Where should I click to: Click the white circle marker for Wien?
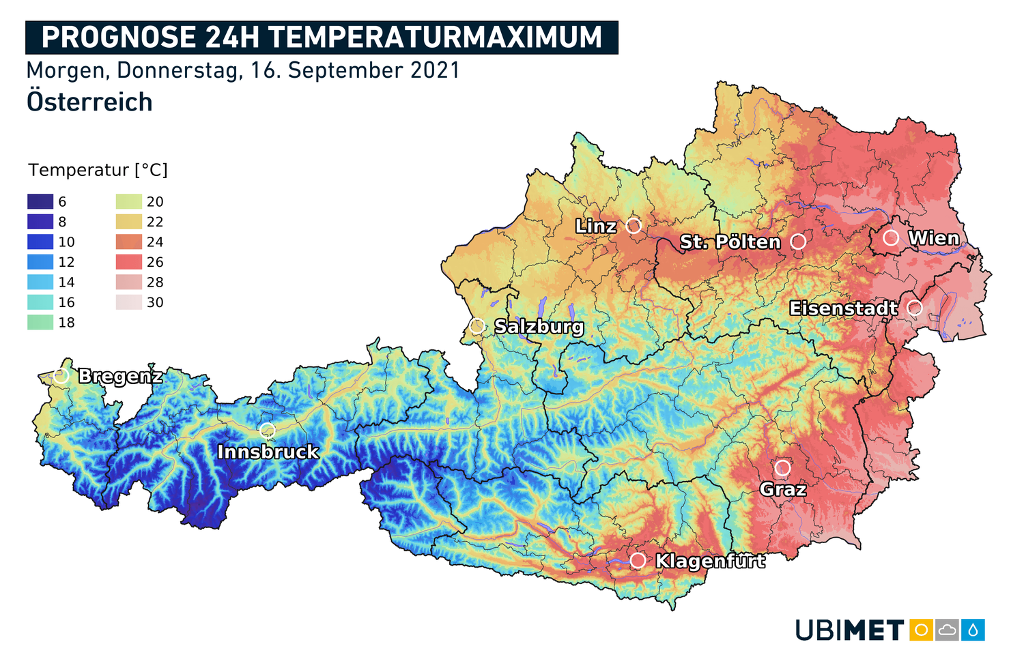click(x=890, y=237)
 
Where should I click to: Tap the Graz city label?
click(x=783, y=489)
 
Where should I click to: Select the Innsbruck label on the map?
click(x=268, y=452)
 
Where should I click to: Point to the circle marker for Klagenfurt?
click(x=638, y=560)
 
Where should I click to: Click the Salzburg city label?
click(x=539, y=327)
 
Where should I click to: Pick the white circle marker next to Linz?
click(x=634, y=225)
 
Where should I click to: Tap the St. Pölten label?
click(x=730, y=242)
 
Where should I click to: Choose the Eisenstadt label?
click(x=843, y=308)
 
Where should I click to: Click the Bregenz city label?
click(x=120, y=376)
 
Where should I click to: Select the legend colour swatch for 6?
click(x=40, y=202)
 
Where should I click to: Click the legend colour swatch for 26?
click(x=129, y=262)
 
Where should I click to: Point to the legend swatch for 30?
click(x=129, y=302)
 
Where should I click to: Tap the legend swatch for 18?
click(x=40, y=322)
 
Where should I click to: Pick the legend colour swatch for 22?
click(x=129, y=222)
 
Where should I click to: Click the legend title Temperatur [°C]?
click(x=98, y=170)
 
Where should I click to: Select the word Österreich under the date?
click(x=89, y=102)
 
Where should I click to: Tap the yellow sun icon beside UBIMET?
click(x=921, y=630)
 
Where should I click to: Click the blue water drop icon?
click(x=973, y=630)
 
